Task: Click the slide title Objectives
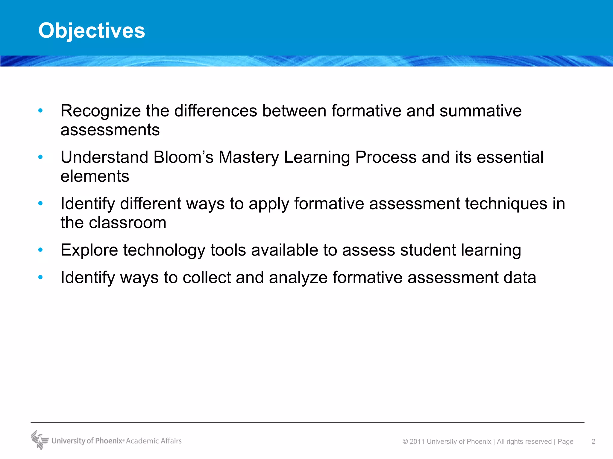(x=92, y=30)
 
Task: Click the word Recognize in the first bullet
(x=101, y=111)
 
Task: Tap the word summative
(x=480, y=111)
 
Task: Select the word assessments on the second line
(x=110, y=130)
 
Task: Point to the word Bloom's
(x=183, y=157)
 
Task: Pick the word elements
(x=95, y=176)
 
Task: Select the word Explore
(x=89, y=250)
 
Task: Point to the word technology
(x=164, y=250)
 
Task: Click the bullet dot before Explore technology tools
(x=40, y=250)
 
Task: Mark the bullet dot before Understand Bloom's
(x=40, y=157)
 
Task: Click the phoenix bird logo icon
(x=40, y=440)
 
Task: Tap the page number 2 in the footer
(x=593, y=441)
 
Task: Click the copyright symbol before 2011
(x=405, y=442)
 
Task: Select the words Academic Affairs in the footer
(x=154, y=441)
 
